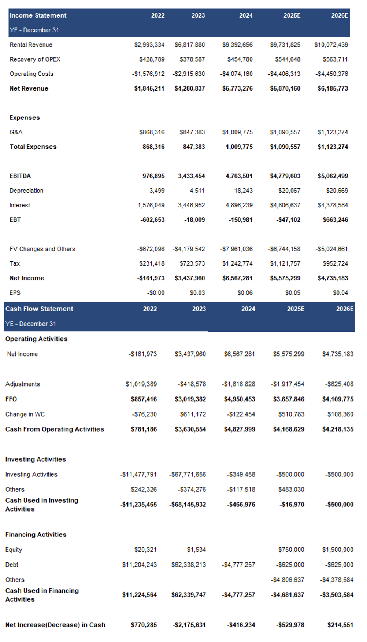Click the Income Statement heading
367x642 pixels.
(38, 15)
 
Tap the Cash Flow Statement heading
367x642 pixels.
(39, 309)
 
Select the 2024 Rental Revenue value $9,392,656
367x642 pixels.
(237, 45)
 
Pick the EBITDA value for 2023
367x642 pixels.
(192, 176)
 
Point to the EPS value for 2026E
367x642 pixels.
(340, 293)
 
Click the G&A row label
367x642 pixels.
(16, 132)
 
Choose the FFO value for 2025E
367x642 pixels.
(289, 399)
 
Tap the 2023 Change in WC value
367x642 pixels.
(193, 414)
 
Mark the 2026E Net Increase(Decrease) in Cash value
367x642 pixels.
(340, 625)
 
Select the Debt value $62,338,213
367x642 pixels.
(189, 565)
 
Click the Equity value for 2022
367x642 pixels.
(145, 550)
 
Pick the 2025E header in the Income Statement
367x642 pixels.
(292, 15)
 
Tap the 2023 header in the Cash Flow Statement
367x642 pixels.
(199, 309)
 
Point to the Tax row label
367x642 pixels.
(15, 263)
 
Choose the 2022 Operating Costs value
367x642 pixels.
(148, 74)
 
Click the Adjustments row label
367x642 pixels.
(23, 384)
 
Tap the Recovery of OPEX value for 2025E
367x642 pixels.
(288, 59)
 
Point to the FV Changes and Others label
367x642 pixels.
(42, 249)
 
